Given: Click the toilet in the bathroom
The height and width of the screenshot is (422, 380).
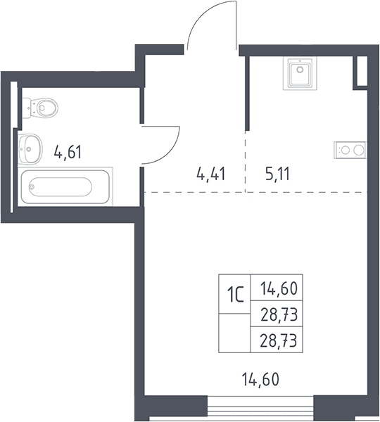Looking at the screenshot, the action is (x=40, y=108).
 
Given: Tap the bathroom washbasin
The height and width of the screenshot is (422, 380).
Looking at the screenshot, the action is (x=30, y=149).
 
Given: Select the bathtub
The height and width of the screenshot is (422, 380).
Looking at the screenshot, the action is (x=65, y=186).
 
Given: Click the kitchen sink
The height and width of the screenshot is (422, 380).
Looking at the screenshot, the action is (x=300, y=73).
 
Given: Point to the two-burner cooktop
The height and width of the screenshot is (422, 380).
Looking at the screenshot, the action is (x=350, y=150).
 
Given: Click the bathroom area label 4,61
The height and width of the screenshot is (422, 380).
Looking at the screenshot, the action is (x=68, y=152).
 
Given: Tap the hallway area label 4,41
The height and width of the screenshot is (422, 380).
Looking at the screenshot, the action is (x=211, y=174).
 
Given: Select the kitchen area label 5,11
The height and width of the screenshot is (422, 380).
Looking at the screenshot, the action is (x=277, y=174).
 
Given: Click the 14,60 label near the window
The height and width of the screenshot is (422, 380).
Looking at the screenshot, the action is (x=260, y=379).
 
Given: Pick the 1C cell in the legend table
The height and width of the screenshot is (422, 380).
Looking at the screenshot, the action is (x=234, y=294).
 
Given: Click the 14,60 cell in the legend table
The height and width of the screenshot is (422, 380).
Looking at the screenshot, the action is (x=277, y=288).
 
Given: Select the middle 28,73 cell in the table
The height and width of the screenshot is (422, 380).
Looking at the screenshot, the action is (x=277, y=314).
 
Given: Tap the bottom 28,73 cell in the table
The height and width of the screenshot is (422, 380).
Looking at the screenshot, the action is (x=277, y=340).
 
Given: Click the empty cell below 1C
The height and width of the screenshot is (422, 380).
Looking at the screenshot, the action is (x=234, y=333).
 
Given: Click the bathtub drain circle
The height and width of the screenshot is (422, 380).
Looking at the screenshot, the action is (x=32, y=186).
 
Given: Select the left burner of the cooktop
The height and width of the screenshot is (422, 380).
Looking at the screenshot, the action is (x=346, y=150).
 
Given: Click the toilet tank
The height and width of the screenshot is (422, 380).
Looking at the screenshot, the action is (x=26, y=108).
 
